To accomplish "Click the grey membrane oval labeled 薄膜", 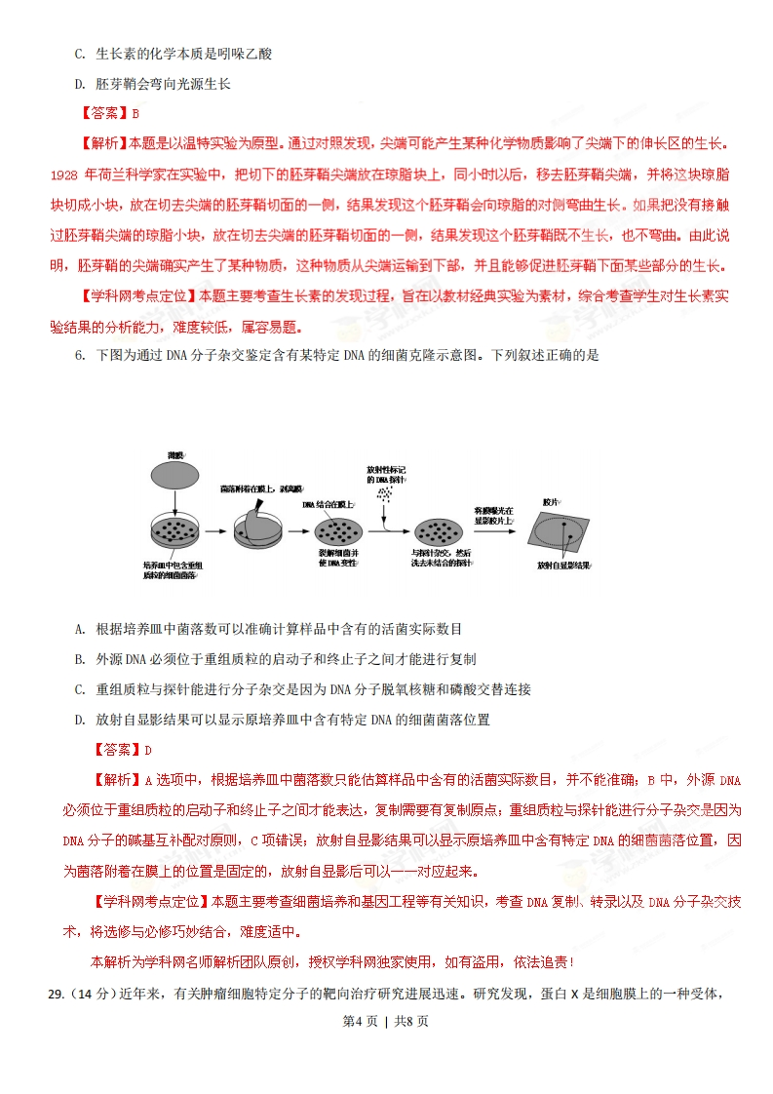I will click(x=175, y=476).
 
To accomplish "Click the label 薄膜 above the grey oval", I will click(x=175, y=455).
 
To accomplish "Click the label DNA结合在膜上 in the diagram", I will click(x=329, y=504).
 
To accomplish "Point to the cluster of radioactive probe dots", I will click(x=386, y=494).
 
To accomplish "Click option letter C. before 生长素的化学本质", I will click(x=80, y=54).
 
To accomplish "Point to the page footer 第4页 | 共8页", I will click(x=386, y=1022).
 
